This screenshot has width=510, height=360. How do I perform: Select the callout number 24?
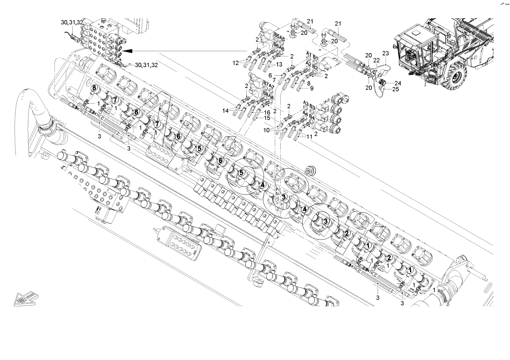click(398, 83)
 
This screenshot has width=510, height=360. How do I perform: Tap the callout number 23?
click(386, 53)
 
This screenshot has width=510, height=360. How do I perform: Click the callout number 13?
click(279, 64)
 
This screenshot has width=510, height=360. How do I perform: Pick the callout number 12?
click(235, 63)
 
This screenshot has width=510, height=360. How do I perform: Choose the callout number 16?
click(267, 113)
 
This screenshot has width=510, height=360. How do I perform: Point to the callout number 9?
click(312, 88)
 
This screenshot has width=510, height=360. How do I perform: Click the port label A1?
click(308, 54)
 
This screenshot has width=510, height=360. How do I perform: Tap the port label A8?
click(271, 97)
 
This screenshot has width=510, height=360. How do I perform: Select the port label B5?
click(277, 37)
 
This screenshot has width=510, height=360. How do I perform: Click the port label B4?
click(312, 117)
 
